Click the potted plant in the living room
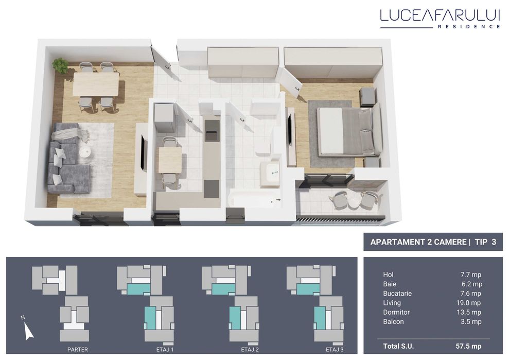(x=61, y=65)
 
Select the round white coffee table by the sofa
(x=85, y=152)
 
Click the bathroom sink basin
(x=270, y=174)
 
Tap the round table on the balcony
(x=355, y=201)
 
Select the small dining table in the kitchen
(x=169, y=160)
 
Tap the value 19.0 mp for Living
(x=470, y=303)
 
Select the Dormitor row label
(x=397, y=312)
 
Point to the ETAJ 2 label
(x=249, y=350)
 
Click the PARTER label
(x=77, y=350)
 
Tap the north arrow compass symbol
(x=28, y=328)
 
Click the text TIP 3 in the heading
(x=485, y=242)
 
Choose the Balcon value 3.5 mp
(x=471, y=321)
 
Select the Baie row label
(x=390, y=284)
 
